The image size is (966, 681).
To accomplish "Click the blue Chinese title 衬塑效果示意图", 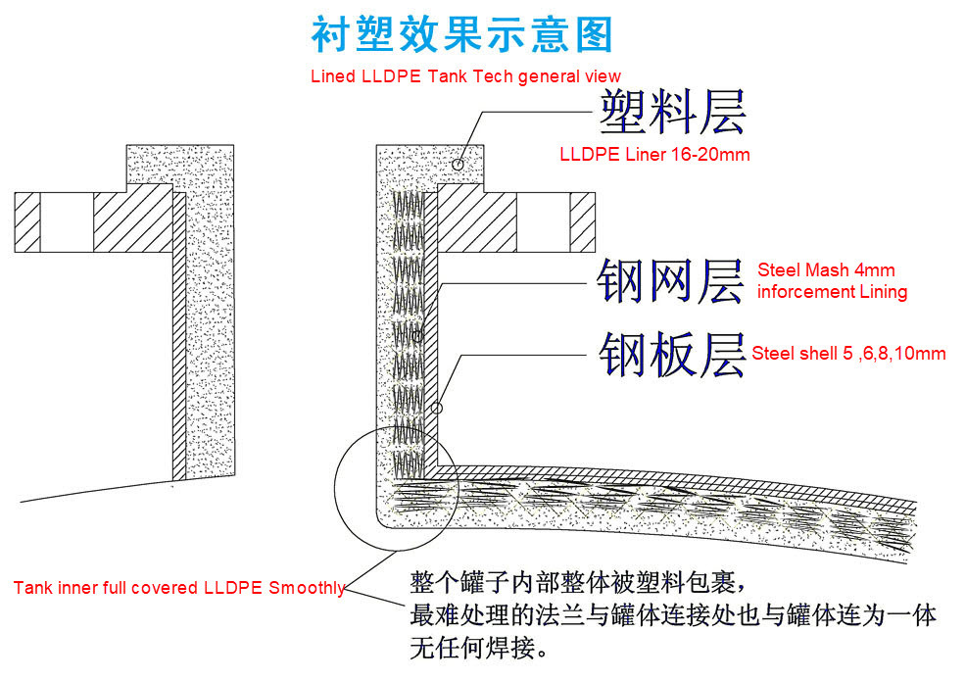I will pyautogui.click(x=461, y=35).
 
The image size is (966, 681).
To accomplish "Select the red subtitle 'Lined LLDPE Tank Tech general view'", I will pyautogui.click(x=465, y=76).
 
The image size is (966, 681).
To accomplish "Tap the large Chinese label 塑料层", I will pyautogui.click(x=672, y=113).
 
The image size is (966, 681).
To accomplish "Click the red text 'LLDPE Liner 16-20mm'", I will pyautogui.click(x=654, y=155).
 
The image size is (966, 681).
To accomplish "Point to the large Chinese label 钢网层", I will pyautogui.click(x=672, y=282).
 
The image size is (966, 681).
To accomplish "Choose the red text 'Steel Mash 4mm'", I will pyautogui.click(x=826, y=270).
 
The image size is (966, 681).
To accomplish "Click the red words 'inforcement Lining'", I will pyautogui.click(x=832, y=292).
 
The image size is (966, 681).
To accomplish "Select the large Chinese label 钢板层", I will pyautogui.click(x=672, y=354).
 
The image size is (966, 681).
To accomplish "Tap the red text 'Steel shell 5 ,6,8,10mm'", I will pyautogui.click(x=848, y=354).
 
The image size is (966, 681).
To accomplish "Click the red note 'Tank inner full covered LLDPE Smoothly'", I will pyautogui.click(x=179, y=589).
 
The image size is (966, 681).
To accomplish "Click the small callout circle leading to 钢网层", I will pyautogui.click(x=418, y=336).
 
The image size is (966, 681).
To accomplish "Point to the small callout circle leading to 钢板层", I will pyautogui.click(x=437, y=407).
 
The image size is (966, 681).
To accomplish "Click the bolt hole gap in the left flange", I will pyautogui.click(x=68, y=221).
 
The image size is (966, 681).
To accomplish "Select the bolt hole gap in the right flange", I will pyautogui.click(x=544, y=221).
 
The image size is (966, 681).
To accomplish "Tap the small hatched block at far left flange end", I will pyautogui.click(x=27, y=221).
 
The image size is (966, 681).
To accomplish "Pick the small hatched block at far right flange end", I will pyautogui.click(x=583, y=221).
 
